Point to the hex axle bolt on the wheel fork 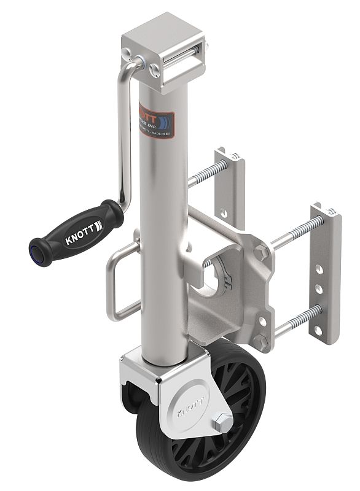click(222, 423)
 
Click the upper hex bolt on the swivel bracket click(261, 252)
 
